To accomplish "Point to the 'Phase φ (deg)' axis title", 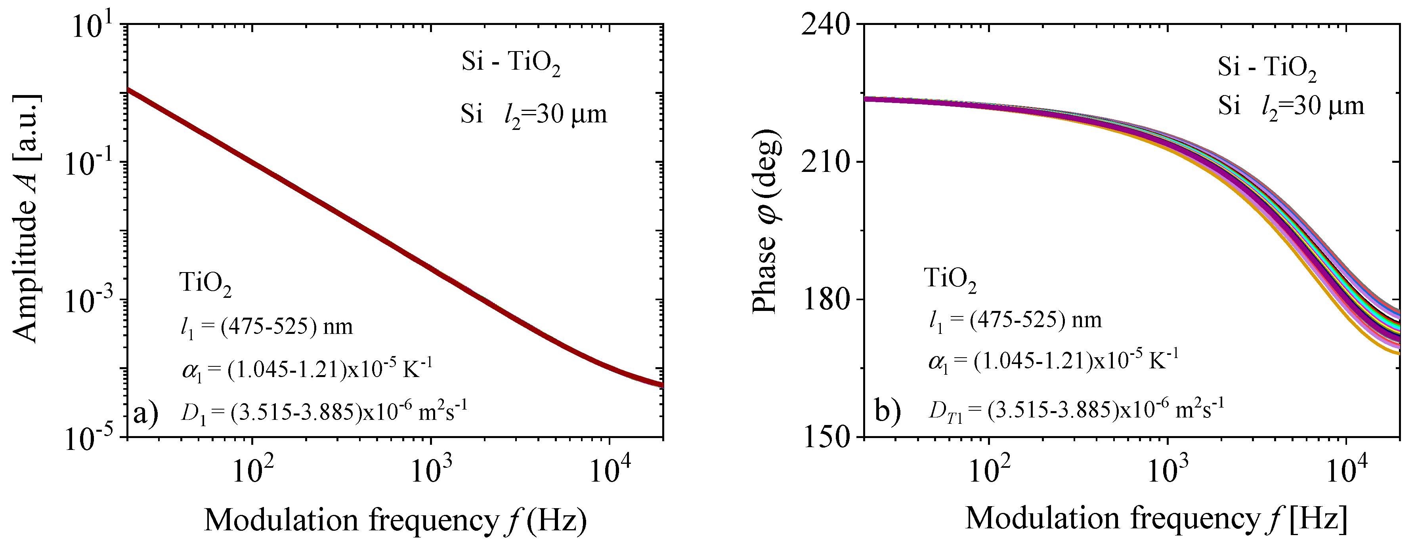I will tap(765, 222).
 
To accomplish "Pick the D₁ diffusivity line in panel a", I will tap(324, 411).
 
